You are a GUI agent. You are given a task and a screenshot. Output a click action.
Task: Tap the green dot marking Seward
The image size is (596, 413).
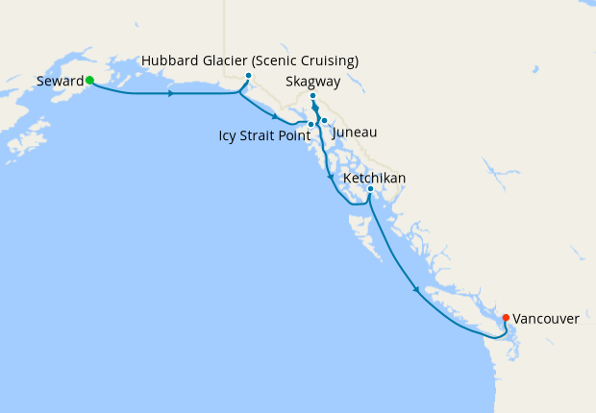(89, 81)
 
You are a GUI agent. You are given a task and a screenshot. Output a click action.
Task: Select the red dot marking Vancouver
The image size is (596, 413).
(507, 317)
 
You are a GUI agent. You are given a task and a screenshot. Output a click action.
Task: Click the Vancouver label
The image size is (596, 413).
(546, 318)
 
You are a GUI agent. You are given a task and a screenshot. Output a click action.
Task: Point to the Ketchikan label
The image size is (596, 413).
(374, 179)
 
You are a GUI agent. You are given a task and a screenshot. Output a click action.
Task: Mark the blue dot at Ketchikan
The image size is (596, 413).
(370, 189)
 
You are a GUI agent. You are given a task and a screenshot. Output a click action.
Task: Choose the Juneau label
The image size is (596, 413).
(354, 132)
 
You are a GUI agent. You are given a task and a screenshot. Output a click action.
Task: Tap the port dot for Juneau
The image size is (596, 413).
(325, 120)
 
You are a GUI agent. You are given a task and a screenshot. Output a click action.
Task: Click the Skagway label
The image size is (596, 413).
(312, 82)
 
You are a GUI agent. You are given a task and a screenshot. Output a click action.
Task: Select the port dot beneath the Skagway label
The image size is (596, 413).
(313, 96)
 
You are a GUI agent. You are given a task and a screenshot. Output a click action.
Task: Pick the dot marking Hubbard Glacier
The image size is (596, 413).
(248, 76)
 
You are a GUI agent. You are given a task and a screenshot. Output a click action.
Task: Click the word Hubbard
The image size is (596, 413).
(170, 61)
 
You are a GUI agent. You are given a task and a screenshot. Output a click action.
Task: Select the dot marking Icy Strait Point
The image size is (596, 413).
(310, 125)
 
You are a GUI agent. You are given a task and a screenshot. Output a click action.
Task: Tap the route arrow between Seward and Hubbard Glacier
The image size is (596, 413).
(171, 94)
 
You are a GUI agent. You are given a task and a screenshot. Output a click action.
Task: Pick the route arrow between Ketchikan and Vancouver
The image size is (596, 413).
(415, 289)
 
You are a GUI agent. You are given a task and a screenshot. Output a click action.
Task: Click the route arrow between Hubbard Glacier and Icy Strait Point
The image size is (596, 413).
(276, 118)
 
